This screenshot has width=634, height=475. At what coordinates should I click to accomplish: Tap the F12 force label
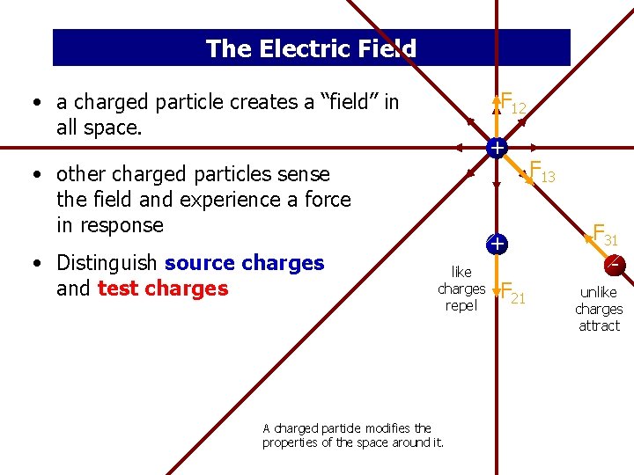click(512, 104)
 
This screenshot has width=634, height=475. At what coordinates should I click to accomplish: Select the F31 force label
click(605, 235)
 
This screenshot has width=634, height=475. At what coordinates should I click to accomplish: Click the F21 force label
click(512, 294)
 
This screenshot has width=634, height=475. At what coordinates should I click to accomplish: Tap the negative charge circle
click(615, 263)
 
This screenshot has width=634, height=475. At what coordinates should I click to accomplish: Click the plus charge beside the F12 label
click(498, 148)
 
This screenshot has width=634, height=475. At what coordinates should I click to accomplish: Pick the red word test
click(118, 289)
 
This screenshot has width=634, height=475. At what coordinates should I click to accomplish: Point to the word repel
click(461, 306)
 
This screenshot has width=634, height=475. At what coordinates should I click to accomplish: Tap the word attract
click(599, 325)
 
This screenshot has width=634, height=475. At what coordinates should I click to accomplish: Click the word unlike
click(599, 292)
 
